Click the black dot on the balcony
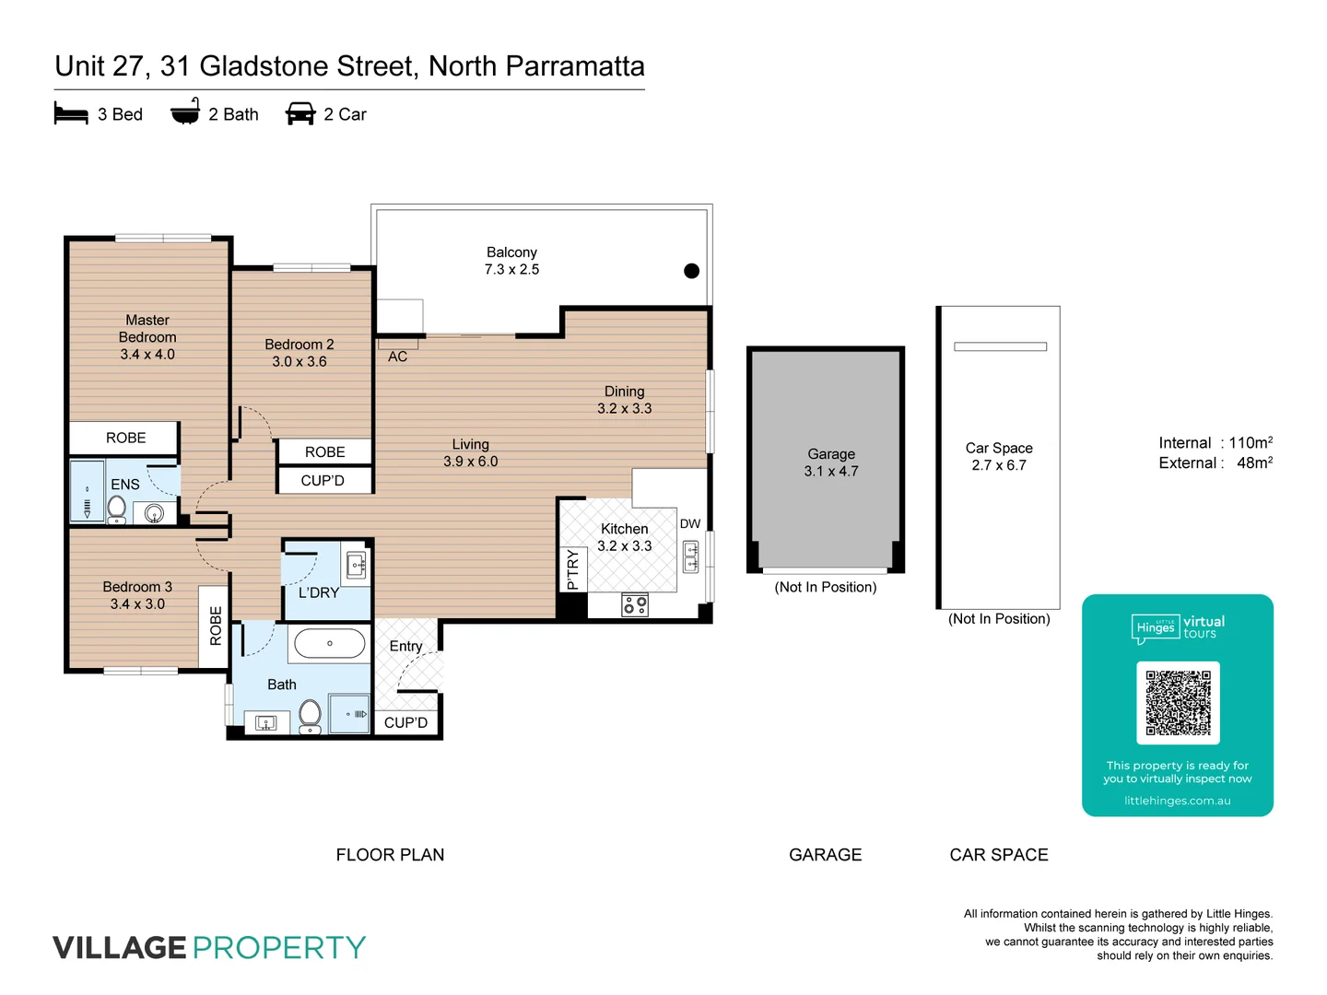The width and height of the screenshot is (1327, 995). (691, 271)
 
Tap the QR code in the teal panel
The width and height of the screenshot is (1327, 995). (1178, 703)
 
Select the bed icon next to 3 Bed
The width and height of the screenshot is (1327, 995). (71, 114)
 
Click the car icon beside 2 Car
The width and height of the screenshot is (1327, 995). (300, 114)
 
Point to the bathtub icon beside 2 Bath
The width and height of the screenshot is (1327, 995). (185, 112)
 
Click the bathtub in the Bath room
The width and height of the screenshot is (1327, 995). (329, 644)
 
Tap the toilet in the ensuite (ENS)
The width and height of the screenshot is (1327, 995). (117, 508)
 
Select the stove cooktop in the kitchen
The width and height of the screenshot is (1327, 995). (635, 604)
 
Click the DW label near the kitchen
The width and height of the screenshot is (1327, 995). (690, 523)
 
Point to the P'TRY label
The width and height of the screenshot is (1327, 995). (572, 569)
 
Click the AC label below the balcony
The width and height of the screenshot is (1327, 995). (397, 357)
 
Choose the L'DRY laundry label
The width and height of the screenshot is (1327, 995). (319, 592)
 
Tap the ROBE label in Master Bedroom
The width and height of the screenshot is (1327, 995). (125, 438)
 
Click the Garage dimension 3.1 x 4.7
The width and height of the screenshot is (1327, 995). (831, 471)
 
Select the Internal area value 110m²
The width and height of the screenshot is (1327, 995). (1251, 443)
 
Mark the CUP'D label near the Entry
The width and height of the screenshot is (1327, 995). (405, 722)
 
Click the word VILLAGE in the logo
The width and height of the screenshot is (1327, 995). (120, 947)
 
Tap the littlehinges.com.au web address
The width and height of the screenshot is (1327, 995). (1177, 801)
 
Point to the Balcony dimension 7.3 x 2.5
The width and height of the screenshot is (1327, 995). (511, 269)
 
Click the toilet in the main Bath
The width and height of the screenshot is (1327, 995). (311, 715)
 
